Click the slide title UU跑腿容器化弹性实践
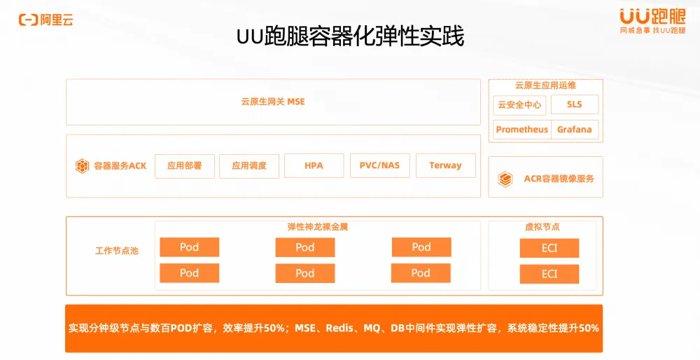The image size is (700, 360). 350,36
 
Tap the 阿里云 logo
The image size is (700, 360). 46,20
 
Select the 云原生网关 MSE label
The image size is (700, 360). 273,102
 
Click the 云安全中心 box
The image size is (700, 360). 519,104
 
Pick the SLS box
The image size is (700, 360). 575,104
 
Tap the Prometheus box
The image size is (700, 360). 522,130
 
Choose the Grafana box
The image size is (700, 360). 575,130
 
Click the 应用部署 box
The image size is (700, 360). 184,166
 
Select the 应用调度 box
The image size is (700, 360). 249,166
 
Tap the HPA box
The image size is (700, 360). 314,165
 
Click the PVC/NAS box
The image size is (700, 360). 379,165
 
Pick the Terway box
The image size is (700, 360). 445,165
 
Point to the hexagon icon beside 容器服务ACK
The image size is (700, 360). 82,166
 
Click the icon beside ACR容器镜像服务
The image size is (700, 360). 505,179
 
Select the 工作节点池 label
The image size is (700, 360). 117,251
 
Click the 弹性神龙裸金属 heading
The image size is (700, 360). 317,227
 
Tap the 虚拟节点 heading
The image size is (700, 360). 542,227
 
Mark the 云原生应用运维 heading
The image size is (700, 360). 545,85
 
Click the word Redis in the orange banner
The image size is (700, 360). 340,328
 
